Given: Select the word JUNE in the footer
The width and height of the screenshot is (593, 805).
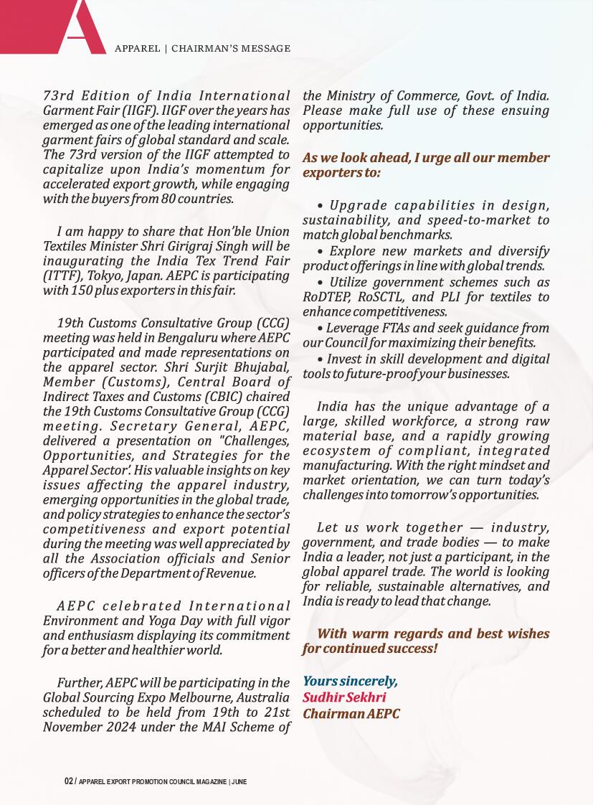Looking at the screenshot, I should pyautogui.click(x=239, y=781).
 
